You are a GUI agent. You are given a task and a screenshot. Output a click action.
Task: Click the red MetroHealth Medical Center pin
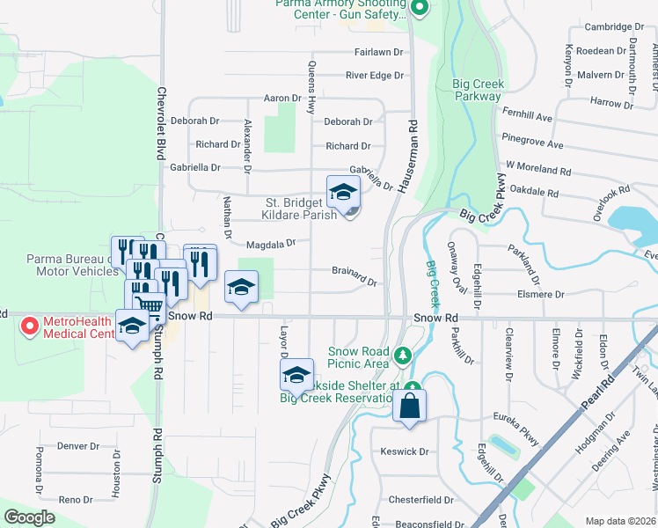[28, 327]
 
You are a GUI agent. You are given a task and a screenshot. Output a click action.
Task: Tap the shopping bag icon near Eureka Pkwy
[410, 407]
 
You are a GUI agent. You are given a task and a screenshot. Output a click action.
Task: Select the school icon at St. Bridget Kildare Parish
[343, 192]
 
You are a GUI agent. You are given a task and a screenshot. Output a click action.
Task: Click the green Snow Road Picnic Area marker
[403, 356]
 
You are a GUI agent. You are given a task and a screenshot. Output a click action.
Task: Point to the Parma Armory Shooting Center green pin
[420, 10]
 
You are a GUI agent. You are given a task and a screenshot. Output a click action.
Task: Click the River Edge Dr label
[374, 76]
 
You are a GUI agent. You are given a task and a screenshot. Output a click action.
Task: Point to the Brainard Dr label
[355, 275]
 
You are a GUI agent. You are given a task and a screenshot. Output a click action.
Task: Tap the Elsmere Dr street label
[541, 296]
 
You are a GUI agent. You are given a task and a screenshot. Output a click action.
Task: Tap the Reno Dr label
[75, 500]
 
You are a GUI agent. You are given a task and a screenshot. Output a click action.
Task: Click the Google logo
[29, 517]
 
